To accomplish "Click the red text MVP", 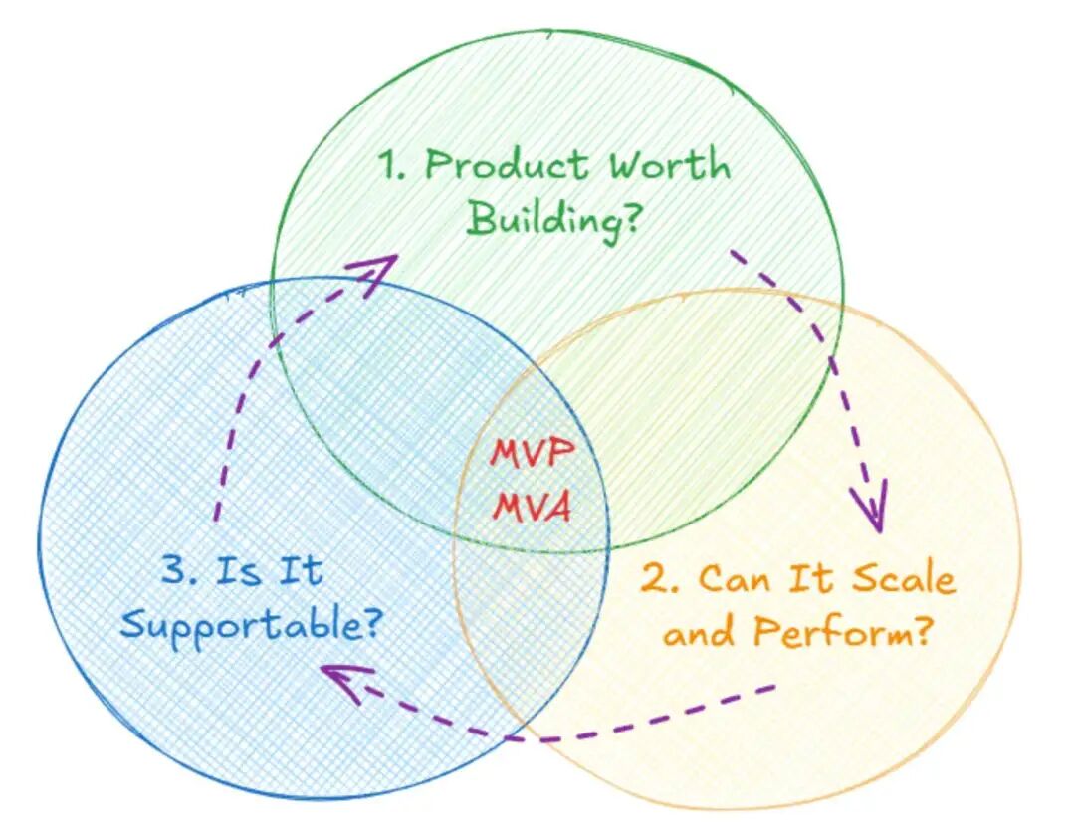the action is pos(533,456).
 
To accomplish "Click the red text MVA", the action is pos(533,509).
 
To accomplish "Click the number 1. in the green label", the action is pos(396,164).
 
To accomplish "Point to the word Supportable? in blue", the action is pos(252,625).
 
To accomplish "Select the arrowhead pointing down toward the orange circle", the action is pos(873,510).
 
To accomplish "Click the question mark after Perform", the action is pos(928,632).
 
